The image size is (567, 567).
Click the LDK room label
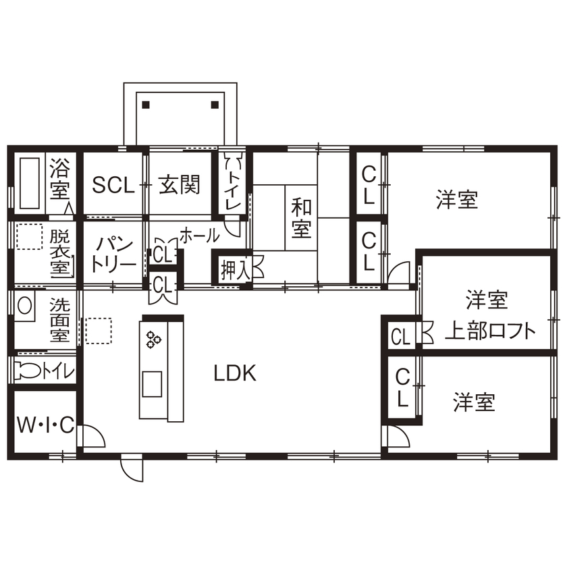[x=236, y=373]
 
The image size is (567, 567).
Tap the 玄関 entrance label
[x=180, y=184]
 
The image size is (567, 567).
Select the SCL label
[x=113, y=185]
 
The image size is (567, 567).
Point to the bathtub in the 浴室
[x=28, y=184]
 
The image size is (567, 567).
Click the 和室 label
[x=301, y=217]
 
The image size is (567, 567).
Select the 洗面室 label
[x=59, y=319]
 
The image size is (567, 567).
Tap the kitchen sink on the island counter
[x=151, y=385]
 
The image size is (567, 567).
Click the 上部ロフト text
[x=490, y=331]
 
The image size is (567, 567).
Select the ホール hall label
[x=198, y=236]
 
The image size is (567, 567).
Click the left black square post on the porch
[x=146, y=105]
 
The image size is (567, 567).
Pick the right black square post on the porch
[x=215, y=105]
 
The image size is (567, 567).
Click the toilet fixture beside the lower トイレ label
[x=28, y=370]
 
